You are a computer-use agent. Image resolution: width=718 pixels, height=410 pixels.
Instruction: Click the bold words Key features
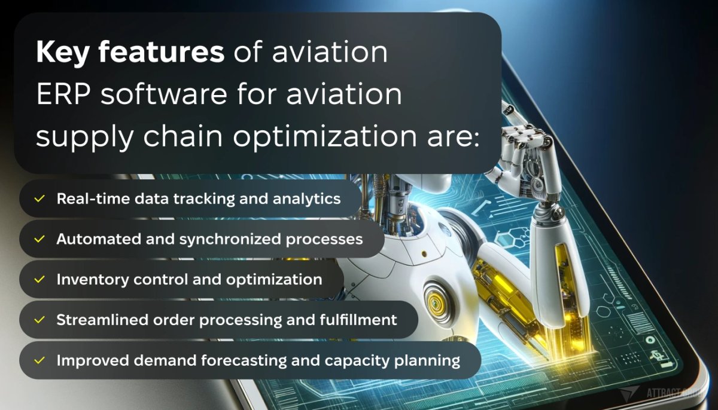[x=130, y=53]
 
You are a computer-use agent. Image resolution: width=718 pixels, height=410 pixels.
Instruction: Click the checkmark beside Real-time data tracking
[x=39, y=198]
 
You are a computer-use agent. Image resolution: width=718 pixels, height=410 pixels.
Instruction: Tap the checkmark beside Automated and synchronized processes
[x=39, y=239]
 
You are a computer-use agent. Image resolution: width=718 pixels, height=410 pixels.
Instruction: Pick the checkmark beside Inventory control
[x=39, y=279]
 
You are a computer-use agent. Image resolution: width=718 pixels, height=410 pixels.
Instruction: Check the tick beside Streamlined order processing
[x=39, y=320]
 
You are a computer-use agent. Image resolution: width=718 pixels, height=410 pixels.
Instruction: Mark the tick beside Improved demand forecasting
[x=39, y=360]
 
